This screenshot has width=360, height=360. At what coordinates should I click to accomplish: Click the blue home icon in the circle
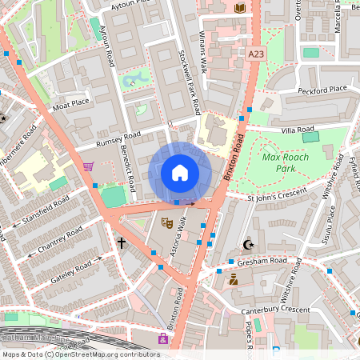pos(180,173)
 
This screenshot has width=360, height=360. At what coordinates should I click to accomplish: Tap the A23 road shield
pos(256,54)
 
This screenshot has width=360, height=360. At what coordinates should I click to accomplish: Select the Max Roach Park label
pos(286,163)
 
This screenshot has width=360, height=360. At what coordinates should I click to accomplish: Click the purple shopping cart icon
pos(88,166)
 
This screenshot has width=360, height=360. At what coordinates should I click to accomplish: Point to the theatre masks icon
pos(167,223)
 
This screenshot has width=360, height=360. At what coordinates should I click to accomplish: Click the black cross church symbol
pos(122,242)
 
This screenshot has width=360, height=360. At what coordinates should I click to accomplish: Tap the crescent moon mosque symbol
pos(246,245)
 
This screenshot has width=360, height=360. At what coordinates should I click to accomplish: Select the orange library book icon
pos(240,8)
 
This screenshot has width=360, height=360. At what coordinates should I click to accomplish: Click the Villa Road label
pos(297,128)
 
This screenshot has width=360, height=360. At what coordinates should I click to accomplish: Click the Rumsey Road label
pos(118,139)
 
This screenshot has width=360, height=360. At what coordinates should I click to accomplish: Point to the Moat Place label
pos(70,104)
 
